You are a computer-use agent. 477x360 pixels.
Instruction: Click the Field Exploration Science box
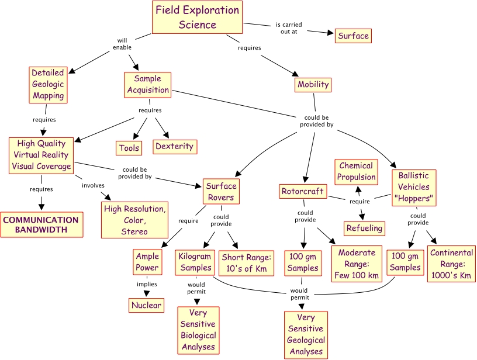197,18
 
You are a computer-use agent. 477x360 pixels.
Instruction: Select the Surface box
353,36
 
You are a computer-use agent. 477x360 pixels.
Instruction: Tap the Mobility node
313,85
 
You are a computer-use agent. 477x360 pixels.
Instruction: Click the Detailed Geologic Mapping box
48,84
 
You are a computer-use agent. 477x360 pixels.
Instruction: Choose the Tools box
129,148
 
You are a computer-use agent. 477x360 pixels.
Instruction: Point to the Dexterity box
174,146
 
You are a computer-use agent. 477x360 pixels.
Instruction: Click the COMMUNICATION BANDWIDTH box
41,225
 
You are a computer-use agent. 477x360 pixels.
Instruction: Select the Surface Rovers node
221,192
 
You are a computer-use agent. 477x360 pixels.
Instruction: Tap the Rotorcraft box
302,191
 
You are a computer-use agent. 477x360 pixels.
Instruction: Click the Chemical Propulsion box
356,172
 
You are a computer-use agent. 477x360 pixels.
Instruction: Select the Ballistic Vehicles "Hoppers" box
414,188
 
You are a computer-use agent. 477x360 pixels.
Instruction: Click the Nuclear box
146,305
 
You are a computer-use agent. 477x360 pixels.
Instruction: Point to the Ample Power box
147,262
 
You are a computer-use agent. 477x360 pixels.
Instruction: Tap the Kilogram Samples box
196,262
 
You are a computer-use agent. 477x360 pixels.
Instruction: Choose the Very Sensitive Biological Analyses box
198,330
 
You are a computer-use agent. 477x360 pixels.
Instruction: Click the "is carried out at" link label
289,28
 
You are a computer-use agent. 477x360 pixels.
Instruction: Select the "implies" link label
147,285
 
